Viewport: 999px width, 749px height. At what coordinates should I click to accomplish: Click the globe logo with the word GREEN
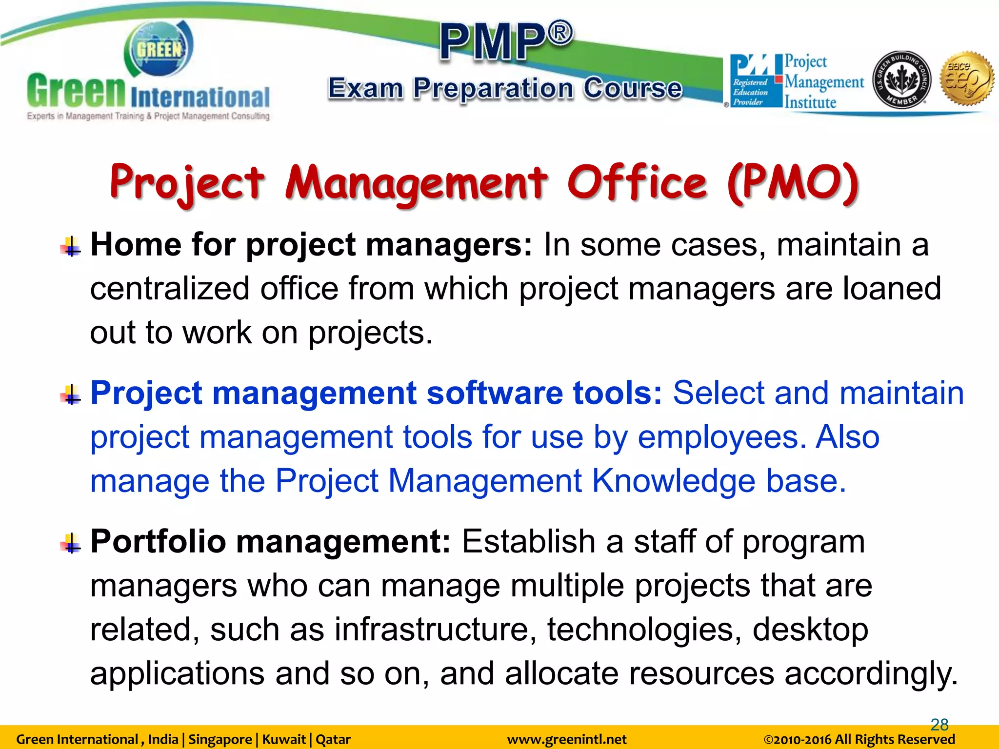[x=159, y=49]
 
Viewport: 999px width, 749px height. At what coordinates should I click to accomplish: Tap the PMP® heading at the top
[x=506, y=41]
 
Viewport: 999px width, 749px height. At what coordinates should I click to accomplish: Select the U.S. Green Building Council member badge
[x=901, y=79]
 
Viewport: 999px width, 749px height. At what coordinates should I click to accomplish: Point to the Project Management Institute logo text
[x=823, y=81]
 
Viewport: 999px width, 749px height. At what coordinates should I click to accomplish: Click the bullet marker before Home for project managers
[x=71, y=246]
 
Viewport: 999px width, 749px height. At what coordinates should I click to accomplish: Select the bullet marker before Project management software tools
[x=71, y=395]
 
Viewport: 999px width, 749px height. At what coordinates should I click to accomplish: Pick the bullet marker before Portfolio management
[x=71, y=543]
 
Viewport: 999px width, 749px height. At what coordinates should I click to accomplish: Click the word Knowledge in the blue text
[x=673, y=481]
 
